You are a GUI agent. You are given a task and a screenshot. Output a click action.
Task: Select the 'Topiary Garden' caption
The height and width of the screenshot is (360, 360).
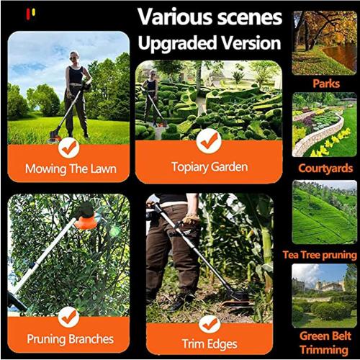pyautogui.click(x=210, y=167)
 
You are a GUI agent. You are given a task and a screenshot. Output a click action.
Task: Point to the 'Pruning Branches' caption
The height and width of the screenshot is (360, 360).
pyautogui.click(x=69, y=338)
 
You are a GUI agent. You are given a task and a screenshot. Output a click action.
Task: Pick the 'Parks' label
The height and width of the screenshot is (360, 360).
pyautogui.click(x=326, y=84)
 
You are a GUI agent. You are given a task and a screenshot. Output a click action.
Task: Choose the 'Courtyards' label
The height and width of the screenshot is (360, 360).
pyautogui.click(x=326, y=168)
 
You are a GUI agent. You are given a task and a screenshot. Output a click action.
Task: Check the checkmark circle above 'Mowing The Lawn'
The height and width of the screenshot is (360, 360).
pyautogui.click(x=68, y=148)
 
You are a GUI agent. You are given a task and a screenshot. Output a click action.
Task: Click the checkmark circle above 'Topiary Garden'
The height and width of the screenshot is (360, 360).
pyautogui.click(x=210, y=141)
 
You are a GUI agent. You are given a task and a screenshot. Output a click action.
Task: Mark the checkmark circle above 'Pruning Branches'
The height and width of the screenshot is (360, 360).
pyautogui.click(x=69, y=315)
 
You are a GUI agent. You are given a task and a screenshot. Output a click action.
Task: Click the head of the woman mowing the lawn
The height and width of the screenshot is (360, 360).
pyautogui.click(x=74, y=57)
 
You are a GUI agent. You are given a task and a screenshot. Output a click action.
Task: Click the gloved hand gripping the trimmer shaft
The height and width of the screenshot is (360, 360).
pyautogui.click(x=191, y=217)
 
